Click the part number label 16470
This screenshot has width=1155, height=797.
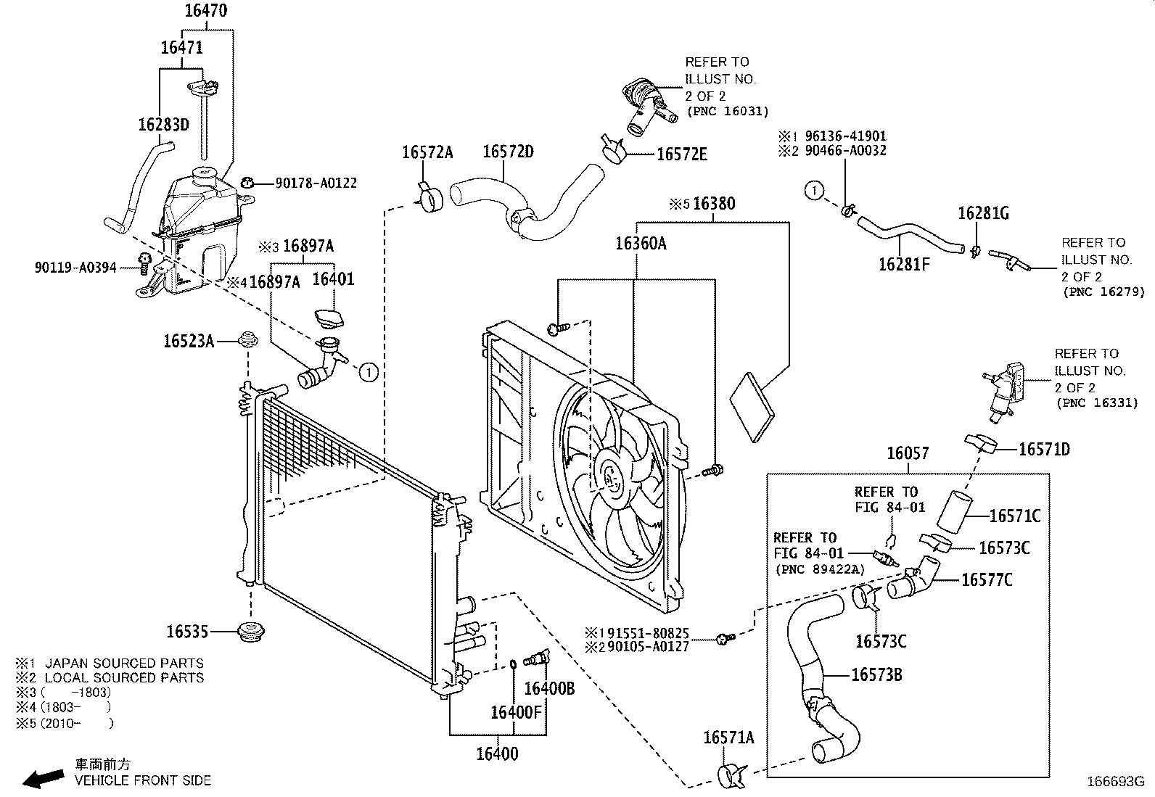coord(205,11)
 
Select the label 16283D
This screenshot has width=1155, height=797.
coord(163,125)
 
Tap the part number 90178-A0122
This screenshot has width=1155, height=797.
coord(316,184)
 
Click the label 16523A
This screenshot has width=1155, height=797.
coord(189,341)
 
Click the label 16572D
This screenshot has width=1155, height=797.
coord(508,152)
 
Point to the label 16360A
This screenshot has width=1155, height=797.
coord(641,244)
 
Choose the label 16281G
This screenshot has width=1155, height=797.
coord(983,213)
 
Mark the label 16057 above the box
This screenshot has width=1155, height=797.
coord(908,453)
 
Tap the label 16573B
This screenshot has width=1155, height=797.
coord(876,675)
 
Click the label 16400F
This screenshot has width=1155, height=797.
coord(516,712)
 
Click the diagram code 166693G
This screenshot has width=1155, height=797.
coord(1114,782)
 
